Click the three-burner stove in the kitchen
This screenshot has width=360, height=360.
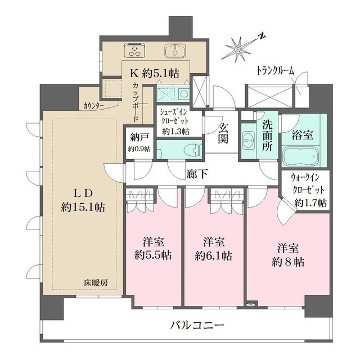(x=135, y=51)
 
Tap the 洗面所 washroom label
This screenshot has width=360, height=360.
(x=267, y=137)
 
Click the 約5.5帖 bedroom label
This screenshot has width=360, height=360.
(x=154, y=248)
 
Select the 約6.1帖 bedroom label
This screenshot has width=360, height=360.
(x=214, y=248)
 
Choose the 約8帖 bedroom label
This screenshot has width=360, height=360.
(x=286, y=255)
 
